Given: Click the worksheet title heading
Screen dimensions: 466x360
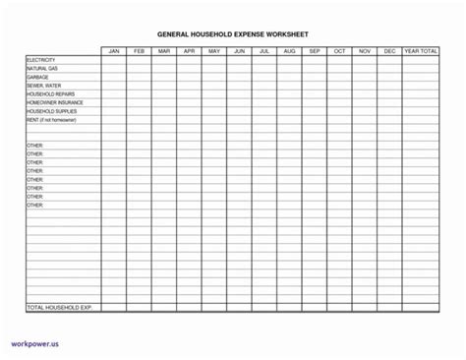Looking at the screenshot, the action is coord(233,31).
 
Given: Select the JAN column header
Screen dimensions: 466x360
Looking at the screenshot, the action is coord(113,50).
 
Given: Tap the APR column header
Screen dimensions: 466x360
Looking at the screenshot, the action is coord(189,50).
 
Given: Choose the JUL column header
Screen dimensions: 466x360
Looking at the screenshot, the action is coord(263,50).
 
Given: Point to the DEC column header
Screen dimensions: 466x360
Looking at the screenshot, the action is coord(388,50).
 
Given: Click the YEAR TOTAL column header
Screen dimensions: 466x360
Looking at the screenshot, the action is coord(421,50).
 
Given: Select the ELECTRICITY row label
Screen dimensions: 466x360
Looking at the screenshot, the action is coord(41,60).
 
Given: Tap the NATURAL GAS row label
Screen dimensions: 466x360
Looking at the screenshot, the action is coord(43,69).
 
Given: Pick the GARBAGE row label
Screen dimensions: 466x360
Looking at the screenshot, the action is coord(38,77).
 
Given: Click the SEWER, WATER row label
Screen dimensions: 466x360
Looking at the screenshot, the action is coord(44,86).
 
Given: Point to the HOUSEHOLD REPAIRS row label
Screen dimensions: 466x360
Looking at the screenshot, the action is coord(50,93).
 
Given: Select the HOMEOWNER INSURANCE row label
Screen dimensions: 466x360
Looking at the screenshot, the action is coord(55,102).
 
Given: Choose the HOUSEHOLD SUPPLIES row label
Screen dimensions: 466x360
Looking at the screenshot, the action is coord(52,111).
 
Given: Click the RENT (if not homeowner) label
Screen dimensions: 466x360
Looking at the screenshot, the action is coord(54,120).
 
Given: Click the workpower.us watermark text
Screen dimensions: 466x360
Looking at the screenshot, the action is coord(35,345).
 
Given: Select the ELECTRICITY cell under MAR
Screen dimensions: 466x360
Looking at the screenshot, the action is coord(163,60).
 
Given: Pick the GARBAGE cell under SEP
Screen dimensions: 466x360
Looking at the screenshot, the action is coord(314,77).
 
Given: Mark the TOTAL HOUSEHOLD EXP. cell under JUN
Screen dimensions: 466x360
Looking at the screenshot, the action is coord(239,308).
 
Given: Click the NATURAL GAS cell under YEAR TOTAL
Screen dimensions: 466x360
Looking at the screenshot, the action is coord(421,69).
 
